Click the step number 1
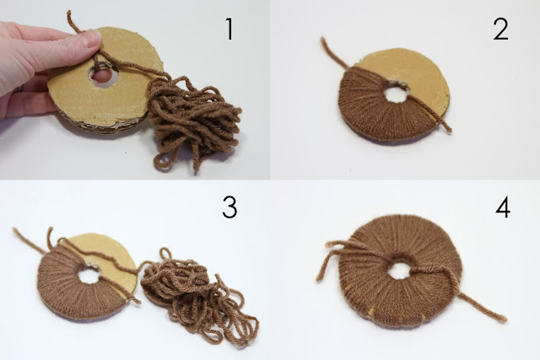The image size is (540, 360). pos(229,29)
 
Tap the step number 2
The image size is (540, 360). pos(500,29)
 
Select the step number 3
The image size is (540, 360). pos(229,207)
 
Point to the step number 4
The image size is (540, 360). pos(503,207)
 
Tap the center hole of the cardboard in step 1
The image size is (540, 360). pos(103,75)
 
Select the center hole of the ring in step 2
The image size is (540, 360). pos(397,92)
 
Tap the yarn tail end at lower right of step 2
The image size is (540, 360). pos(449,130)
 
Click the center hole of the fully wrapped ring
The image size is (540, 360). pos(399,270)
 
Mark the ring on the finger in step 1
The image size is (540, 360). pos(16,89)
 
